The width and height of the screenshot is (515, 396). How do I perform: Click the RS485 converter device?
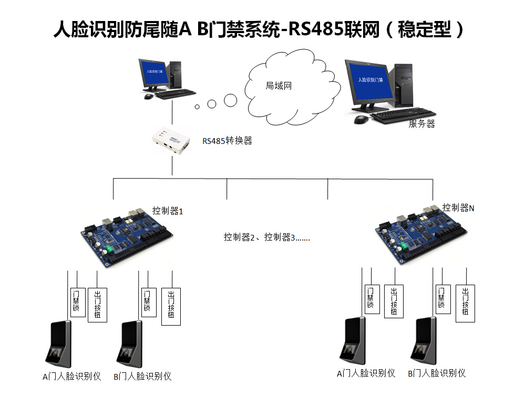[x=171, y=141]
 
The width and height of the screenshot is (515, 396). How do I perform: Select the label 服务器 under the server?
[x=422, y=124]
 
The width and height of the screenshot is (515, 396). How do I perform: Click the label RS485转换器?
[x=228, y=141]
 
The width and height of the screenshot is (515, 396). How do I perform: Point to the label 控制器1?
[x=168, y=211]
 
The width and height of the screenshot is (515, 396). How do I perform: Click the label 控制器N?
[x=458, y=207]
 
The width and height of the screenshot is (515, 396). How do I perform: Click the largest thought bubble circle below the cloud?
[x=230, y=100]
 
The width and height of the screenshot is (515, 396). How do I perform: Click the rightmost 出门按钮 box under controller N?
[x=466, y=303]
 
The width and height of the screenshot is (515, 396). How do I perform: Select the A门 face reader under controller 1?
[x=59, y=343]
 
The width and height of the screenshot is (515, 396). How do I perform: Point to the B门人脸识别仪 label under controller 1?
[x=142, y=376]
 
